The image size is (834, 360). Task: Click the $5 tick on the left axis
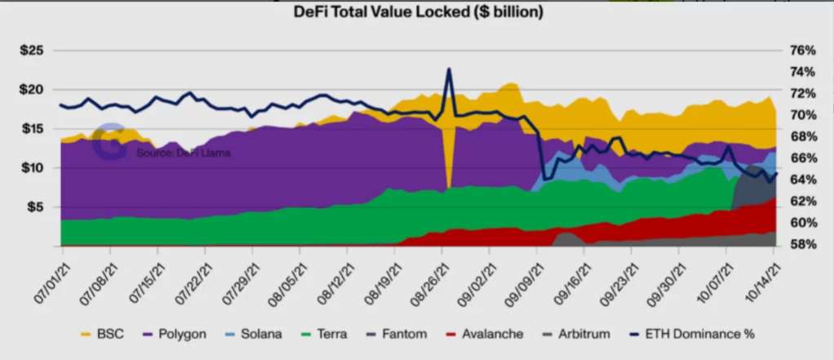pyautogui.click(x=35, y=207)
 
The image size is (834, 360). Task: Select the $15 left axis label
pyautogui.click(x=33, y=129)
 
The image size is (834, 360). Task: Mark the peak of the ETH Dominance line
pyautogui.click(x=449, y=69)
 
